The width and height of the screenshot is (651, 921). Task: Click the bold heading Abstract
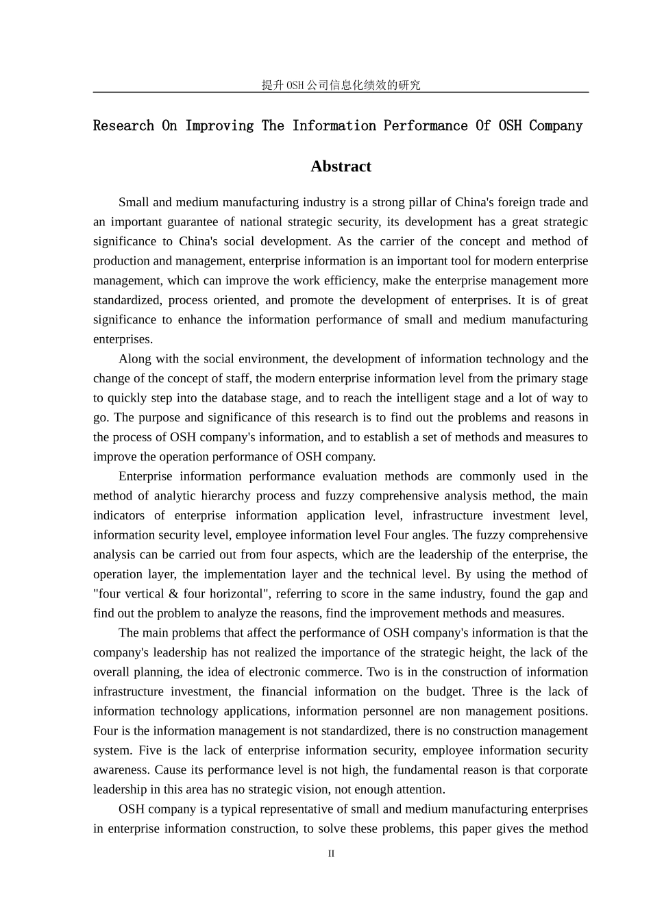click(341, 167)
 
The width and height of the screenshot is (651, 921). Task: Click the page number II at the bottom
click(331, 854)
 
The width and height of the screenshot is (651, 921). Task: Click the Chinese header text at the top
click(341, 85)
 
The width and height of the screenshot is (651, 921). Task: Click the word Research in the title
click(123, 126)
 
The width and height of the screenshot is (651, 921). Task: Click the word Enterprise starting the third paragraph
click(145, 476)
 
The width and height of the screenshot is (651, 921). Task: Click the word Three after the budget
click(489, 692)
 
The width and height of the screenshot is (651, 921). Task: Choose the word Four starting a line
click(105, 731)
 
